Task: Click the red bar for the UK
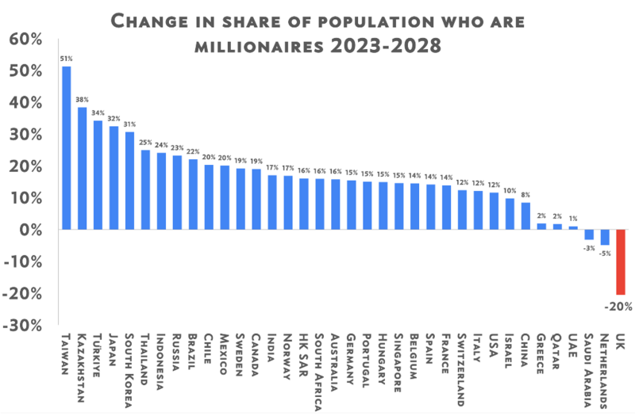pyautogui.click(x=621, y=262)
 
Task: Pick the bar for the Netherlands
pyautogui.click(x=605, y=237)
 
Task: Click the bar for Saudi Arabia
pyautogui.click(x=589, y=235)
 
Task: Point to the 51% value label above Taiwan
pyautogui.click(x=67, y=57)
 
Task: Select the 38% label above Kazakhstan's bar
pyautogui.click(x=83, y=99)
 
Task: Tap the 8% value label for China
pyautogui.click(x=525, y=194)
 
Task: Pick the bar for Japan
pyautogui.click(x=114, y=178)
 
